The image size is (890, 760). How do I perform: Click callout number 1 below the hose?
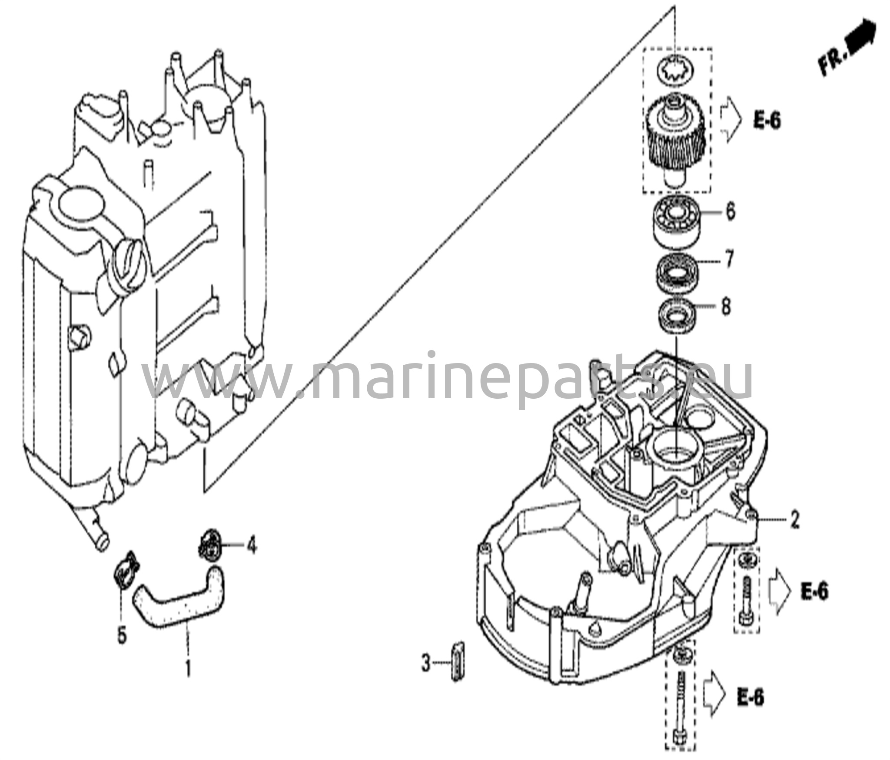pos(188,669)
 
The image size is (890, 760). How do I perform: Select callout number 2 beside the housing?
pos(794,520)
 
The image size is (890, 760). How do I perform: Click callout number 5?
pos(122,637)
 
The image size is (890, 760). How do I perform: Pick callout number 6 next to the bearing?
pos(731,213)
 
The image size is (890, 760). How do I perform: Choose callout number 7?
pos(729,260)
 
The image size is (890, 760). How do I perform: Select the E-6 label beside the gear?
pos(767,121)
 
